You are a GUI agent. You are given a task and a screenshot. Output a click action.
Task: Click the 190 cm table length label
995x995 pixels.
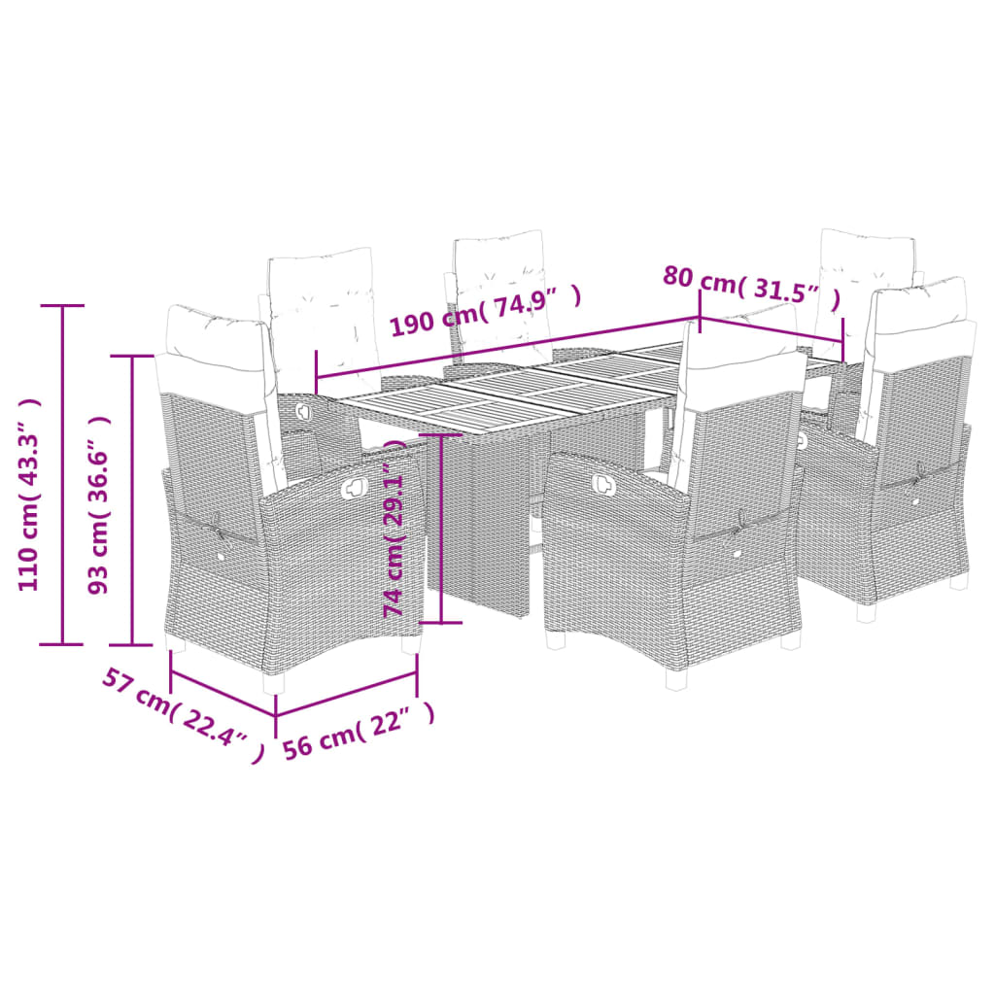(x=486, y=308)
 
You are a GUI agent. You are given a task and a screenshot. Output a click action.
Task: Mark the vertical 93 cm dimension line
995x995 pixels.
(x=133, y=500)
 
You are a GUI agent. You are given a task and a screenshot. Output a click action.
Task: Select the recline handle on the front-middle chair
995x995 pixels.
(x=602, y=479)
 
